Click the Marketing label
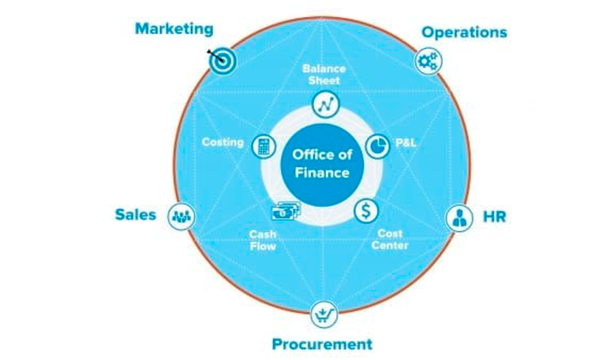pos(174,29)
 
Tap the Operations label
pos(464,32)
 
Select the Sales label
pos(135,215)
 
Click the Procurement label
pos(321,345)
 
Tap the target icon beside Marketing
pos(221,61)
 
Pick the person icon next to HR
pos(460,217)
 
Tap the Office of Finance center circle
pos(321,164)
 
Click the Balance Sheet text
pos(324,74)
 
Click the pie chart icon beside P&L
pos(378,145)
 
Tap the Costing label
pos(222,143)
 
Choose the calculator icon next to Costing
pos(263,146)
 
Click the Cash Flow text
pos(262,240)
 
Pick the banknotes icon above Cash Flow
pos(285,211)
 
